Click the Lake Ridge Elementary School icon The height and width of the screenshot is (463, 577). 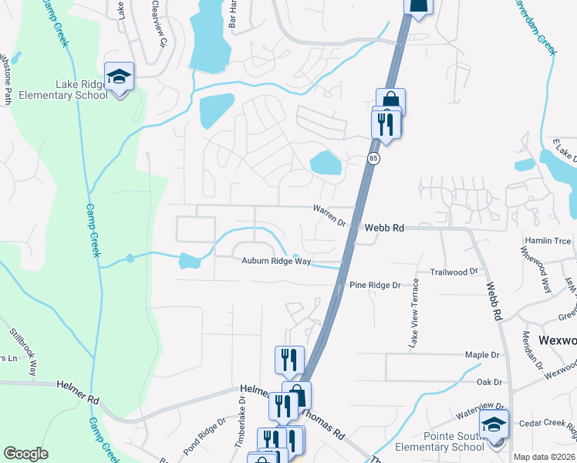click(x=120, y=77)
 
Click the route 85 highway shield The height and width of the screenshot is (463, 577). click(x=373, y=158)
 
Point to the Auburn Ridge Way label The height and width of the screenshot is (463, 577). click(x=276, y=262)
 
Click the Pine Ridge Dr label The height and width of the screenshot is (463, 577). click(x=375, y=285)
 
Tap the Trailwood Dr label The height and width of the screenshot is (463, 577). click(x=454, y=272)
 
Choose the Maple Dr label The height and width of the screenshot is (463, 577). click(x=483, y=355)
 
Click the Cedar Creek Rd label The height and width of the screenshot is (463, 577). click(x=545, y=422)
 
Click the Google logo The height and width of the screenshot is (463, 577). click(x=25, y=454)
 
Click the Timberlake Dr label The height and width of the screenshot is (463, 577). click(x=241, y=416)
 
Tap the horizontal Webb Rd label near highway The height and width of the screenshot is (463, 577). click(x=384, y=228)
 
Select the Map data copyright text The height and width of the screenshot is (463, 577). click(x=545, y=457)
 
